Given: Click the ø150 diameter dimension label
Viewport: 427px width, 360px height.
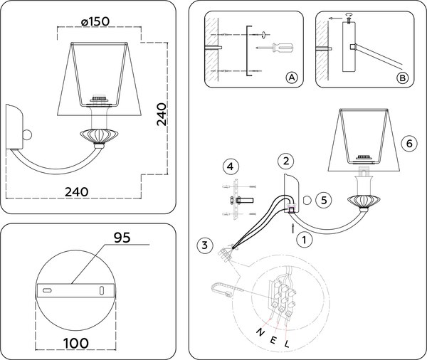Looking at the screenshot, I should point(95,21).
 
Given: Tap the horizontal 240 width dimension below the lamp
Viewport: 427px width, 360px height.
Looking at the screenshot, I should point(75,191).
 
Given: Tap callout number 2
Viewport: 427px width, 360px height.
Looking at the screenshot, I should point(284,161).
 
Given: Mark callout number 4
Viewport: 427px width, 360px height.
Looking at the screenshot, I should point(228,166).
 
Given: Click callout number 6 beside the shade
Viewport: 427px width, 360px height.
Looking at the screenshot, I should point(407,142).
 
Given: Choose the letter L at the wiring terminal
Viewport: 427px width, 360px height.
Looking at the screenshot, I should point(286,344).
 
